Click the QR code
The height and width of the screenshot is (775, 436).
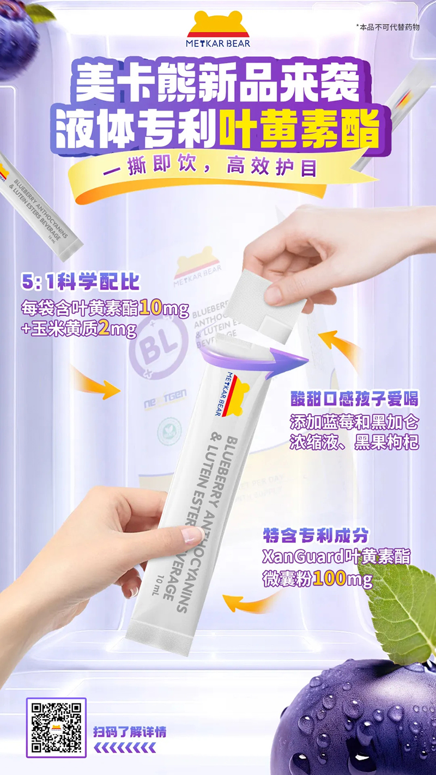click(56, 727)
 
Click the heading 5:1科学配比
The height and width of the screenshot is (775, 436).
click(80, 282)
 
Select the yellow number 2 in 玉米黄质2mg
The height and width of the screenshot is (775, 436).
click(105, 330)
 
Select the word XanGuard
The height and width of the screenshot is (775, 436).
click(298, 556)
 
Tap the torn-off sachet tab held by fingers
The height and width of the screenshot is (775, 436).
click(263, 306)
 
